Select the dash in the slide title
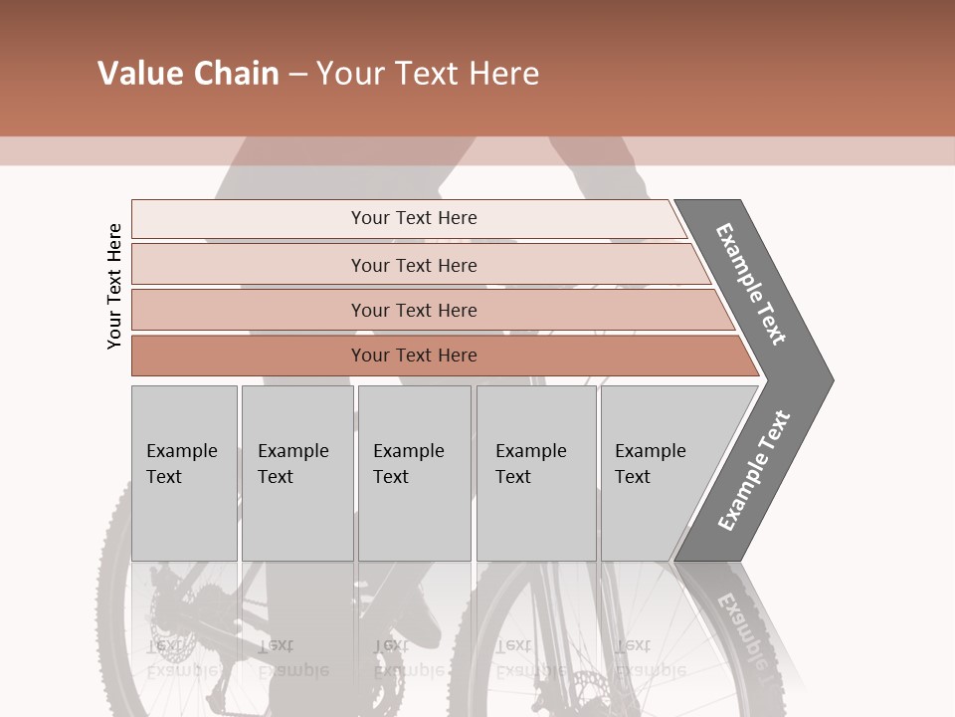tap(297, 75)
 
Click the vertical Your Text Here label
tap(114, 287)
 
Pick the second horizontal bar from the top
tap(413, 265)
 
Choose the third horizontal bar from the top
tap(413, 310)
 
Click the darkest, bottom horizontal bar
tap(413, 356)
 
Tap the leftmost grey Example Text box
tap(184, 473)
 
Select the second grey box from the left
tap(297, 473)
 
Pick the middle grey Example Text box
tap(414, 473)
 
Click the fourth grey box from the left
tap(536, 473)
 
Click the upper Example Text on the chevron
tap(751, 284)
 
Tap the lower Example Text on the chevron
tap(753, 471)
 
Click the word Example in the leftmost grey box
tap(181, 451)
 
